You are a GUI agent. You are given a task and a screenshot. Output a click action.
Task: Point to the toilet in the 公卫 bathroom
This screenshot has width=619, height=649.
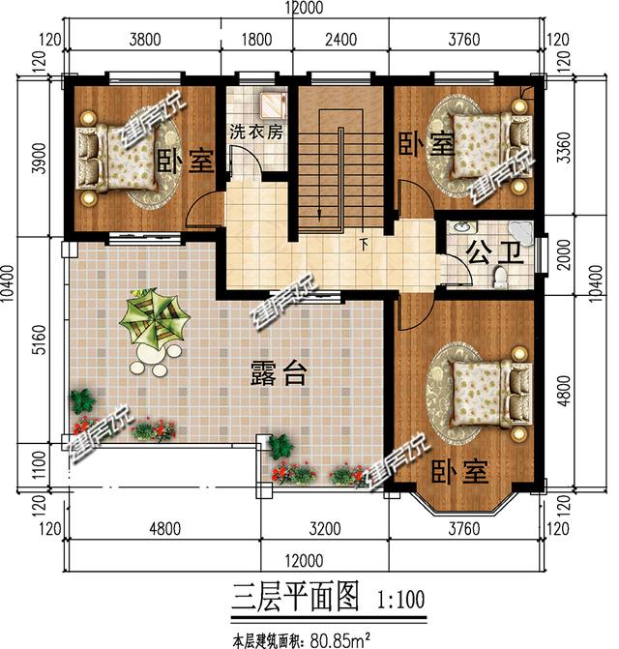pos(500,279)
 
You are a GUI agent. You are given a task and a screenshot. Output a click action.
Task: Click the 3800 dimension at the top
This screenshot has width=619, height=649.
pos(142,40)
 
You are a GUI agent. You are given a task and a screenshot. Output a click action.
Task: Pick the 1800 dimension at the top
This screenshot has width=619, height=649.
pos(255,40)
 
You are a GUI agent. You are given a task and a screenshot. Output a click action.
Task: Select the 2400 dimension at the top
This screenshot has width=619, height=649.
pos(340,40)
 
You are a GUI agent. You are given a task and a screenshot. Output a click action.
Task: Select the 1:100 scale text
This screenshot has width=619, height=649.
pos(399,597)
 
